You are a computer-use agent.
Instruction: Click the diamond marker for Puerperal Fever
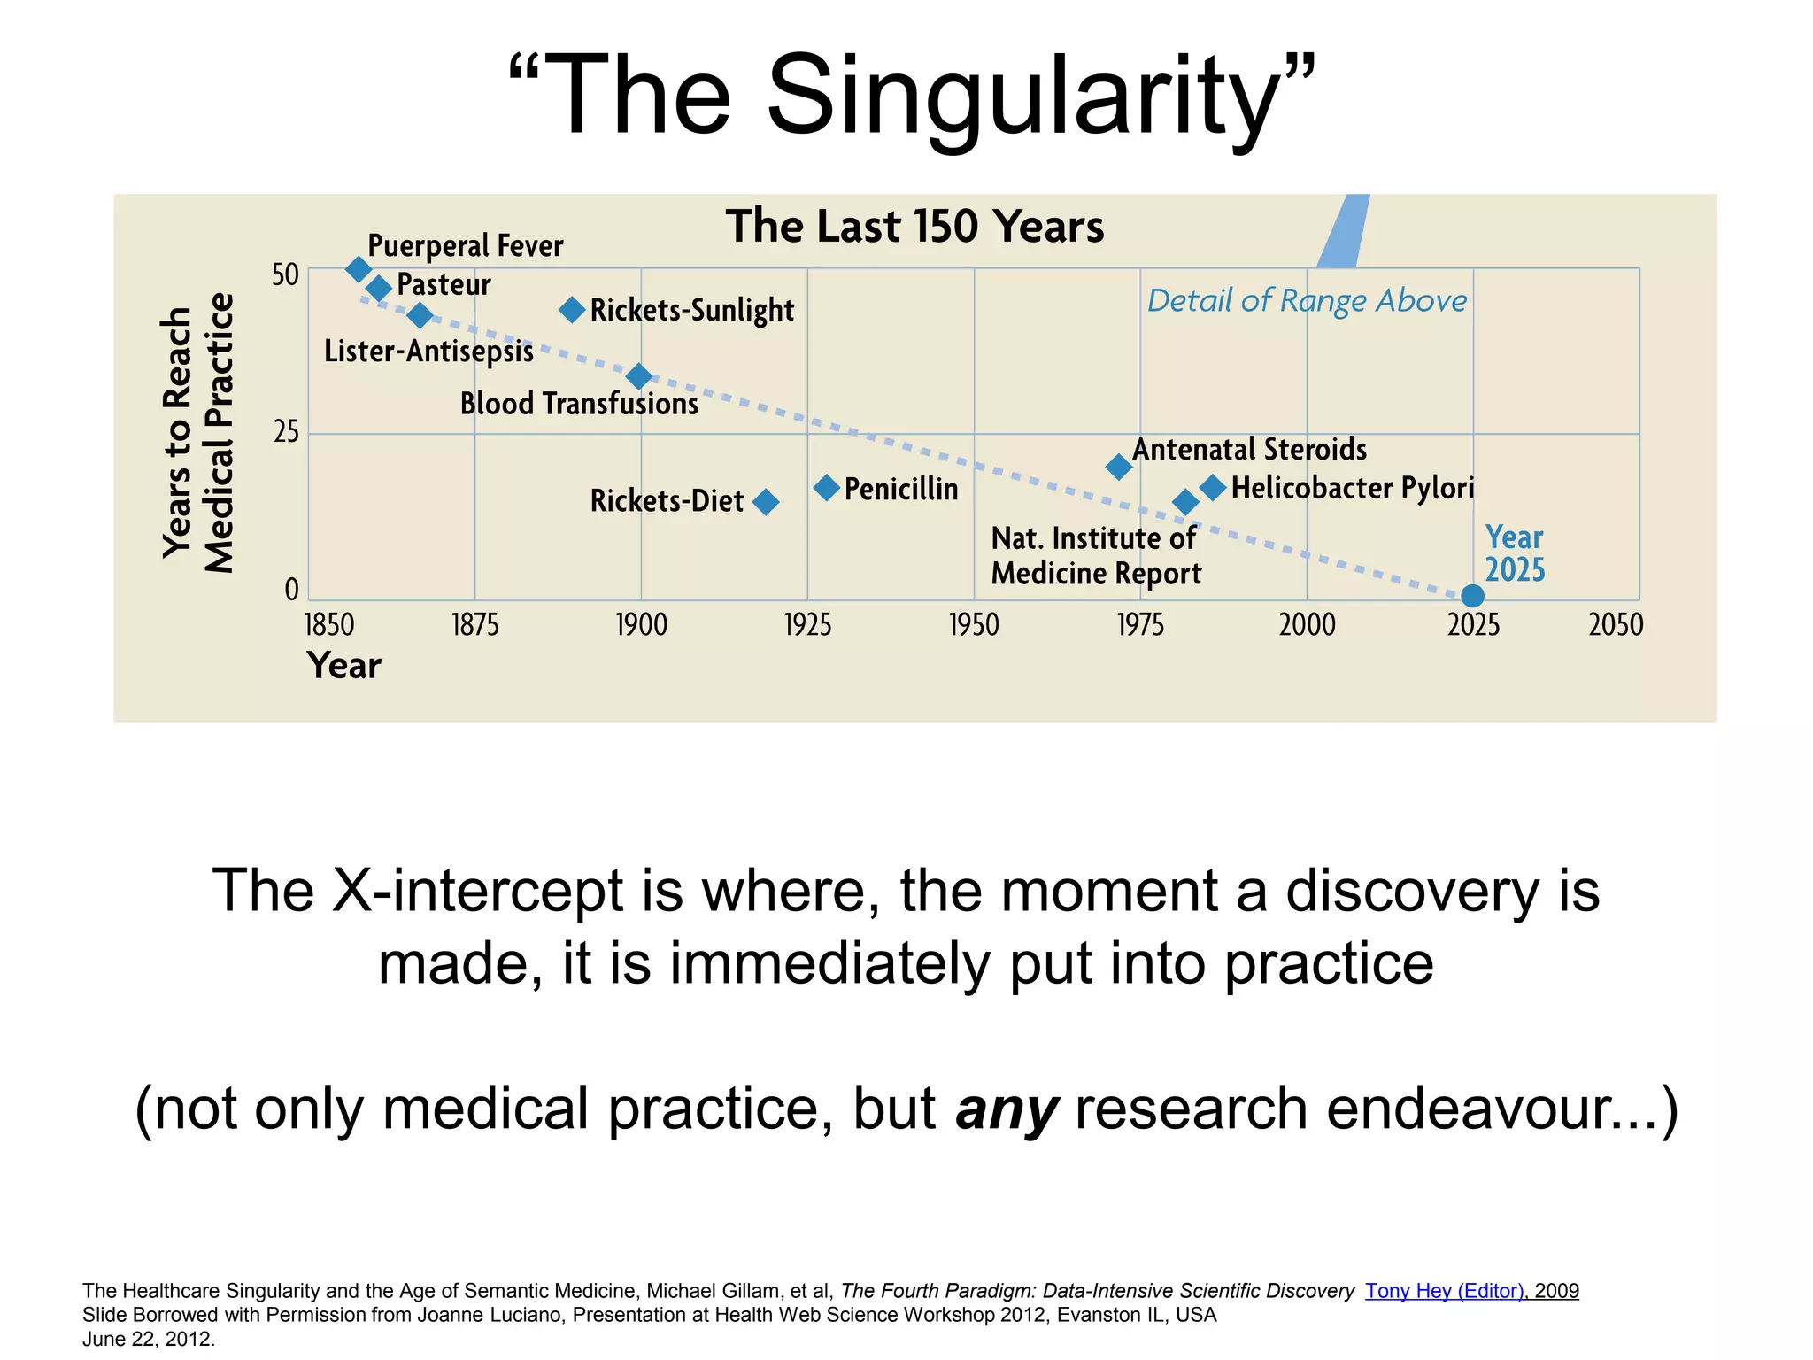click(x=358, y=269)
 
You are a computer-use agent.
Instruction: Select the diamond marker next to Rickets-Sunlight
click(x=573, y=309)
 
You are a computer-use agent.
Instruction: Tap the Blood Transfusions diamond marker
click(x=638, y=376)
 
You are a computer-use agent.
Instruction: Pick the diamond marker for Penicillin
click(x=826, y=488)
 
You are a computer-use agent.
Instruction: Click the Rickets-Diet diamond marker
click(x=766, y=502)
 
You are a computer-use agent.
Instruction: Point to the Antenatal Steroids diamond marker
click(x=1119, y=467)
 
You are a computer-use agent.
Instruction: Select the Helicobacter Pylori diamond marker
click(x=1213, y=487)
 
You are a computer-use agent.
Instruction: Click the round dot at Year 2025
click(x=1472, y=596)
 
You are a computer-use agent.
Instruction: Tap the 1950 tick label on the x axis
click(x=974, y=625)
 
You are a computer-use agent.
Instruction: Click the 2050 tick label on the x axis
click(x=1616, y=625)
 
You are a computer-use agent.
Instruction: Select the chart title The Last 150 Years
click(x=914, y=227)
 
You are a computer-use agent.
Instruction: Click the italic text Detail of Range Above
click(x=1307, y=301)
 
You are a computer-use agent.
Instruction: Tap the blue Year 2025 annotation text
click(x=1515, y=553)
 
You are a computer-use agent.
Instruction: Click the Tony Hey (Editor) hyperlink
click(x=1444, y=1291)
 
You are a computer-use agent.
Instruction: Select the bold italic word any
click(x=1007, y=1109)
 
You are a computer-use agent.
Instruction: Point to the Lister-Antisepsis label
click(x=428, y=352)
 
